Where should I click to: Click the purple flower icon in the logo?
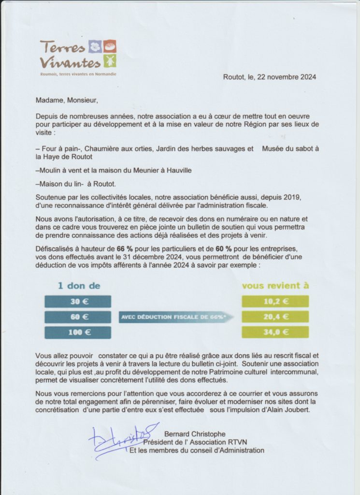pyautogui.click(x=95, y=47)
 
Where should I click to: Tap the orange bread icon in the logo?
pyautogui.click(x=110, y=46)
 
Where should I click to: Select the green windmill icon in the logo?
pyautogui.click(x=110, y=61)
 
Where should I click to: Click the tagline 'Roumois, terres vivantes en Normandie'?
pyautogui.click(x=78, y=74)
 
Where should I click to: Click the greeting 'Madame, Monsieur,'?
pyautogui.click(x=67, y=101)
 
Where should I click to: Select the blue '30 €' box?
pyautogui.click(x=78, y=302)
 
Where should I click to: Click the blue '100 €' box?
pyautogui.click(x=78, y=333)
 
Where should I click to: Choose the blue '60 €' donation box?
pyautogui.click(x=78, y=317)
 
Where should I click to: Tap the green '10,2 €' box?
pyautogui.click(x=275, y=302)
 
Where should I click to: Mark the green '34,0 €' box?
pyautogui.click(x=275, y=332)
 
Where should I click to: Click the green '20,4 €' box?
pyautogui.click(x=275, y=317)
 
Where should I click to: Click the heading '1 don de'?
pyautogui.click(x=79, y=286)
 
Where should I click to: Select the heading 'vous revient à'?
pyautogui.click(x=275, y=286)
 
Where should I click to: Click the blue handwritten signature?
pyautogui.click(x=121, y=439)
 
